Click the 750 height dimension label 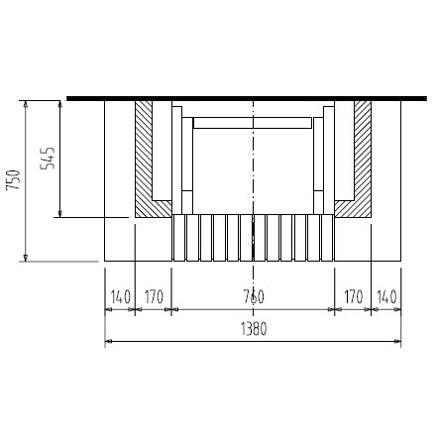pyautogui.click(x=14, y=179)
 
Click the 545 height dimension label pyautogui.click(x=48, y=158)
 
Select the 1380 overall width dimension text pyautogui.click(x=254, y=329)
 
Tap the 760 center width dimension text pyautogui.click(x=254, y=296)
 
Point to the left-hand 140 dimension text pyautogui.click(x=121, y=296)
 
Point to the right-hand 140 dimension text pyautogui.click(x=386, y=296)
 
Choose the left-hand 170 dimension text pyautogui.click(x=154, y=296)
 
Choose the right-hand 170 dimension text pyautogui.click(x=354, y=296)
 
